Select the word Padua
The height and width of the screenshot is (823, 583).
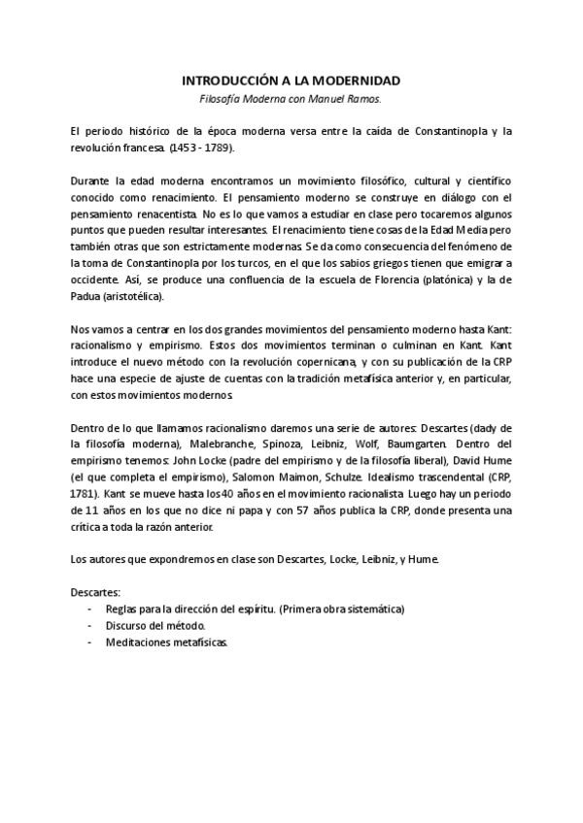pyautogui.click(x=87, y=296)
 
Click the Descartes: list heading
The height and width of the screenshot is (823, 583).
pyautogui.click(x=96, y=590)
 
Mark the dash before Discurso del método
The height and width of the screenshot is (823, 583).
pyautogui.click(x=90, y=626)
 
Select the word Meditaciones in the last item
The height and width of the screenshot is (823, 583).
pyautogui.click(x=139, y=642)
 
